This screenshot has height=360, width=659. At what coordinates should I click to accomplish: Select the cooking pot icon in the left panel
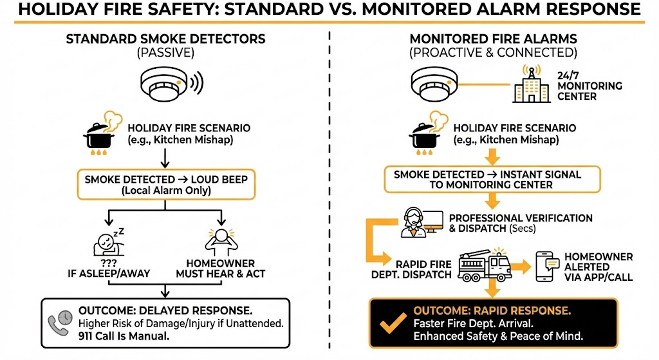click(x=100, y=135)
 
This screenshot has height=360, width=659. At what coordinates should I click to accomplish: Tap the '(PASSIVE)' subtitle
click(x=165, y=53)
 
